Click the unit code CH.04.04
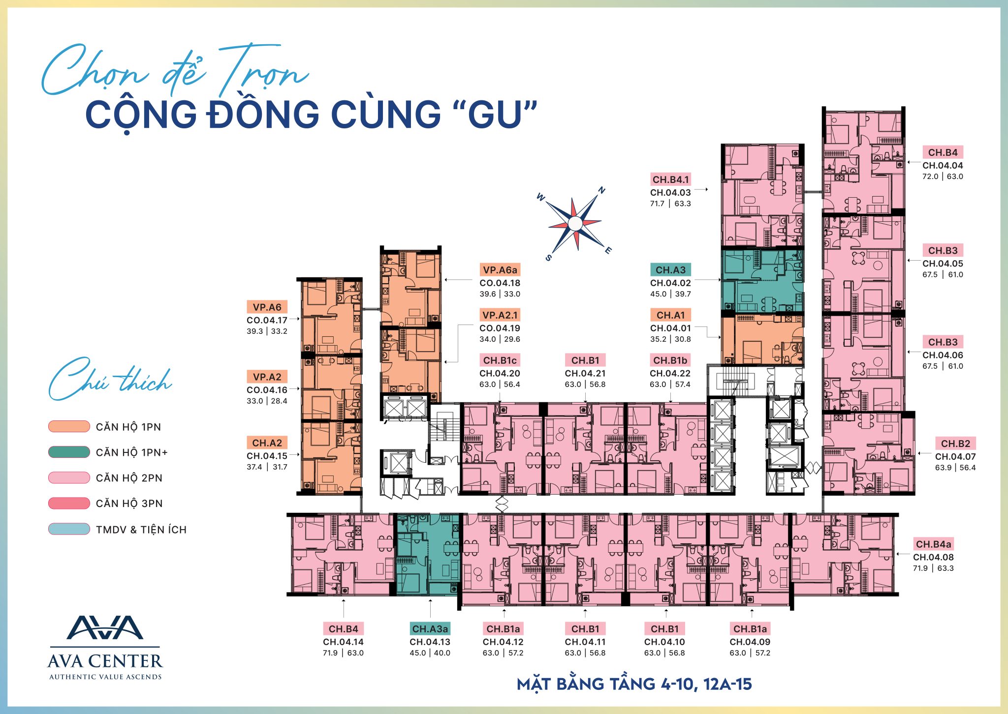point(943,166)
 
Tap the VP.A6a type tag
point(500,270)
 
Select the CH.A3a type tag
point(430,629)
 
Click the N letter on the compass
point(601,190)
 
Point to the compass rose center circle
point(575,224)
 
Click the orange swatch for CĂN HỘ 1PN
point(69,426)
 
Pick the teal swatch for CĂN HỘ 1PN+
point(69,452)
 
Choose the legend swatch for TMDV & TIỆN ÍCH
point(69,529)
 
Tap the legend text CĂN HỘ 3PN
point(129,504)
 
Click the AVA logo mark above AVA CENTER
point(105,627)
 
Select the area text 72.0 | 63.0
point(943,177)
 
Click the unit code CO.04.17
point(267,320)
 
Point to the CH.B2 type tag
point(955,444)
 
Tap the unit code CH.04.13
point(430,642)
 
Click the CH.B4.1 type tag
point(671,179)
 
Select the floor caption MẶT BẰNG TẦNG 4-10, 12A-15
point(634,684)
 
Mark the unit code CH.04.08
point(933,558)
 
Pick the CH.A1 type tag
point(671,315)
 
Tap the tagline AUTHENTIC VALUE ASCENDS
point(105,677)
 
